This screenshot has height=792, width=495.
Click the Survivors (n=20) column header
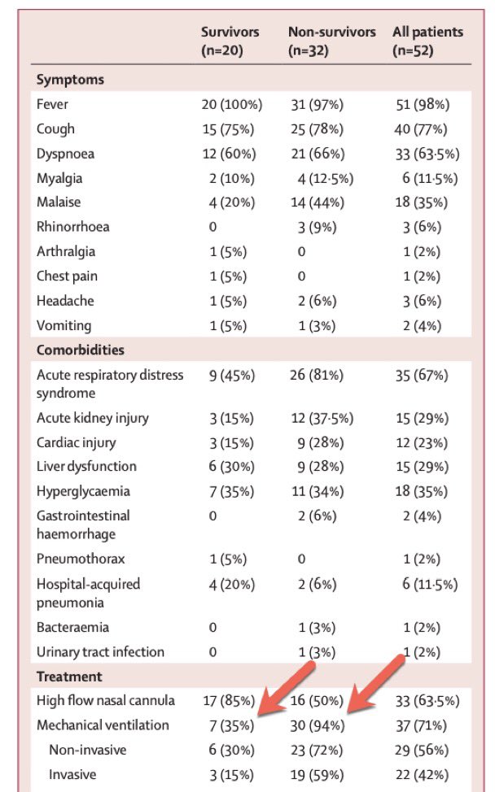(230, 41)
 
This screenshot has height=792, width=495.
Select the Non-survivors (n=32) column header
(331, 41)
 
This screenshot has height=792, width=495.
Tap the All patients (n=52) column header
(427, 41)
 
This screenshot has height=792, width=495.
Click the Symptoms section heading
(70, 80)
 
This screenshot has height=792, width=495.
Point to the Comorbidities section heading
(81, 350)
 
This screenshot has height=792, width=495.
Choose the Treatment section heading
(69, 677)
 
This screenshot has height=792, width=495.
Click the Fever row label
(52, 104)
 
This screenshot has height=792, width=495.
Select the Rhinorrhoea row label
(72, 226)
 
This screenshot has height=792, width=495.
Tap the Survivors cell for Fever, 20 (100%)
(232, 105)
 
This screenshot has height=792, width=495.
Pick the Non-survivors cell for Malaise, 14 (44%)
(318, 202)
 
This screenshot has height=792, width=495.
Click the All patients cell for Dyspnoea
(427, 154)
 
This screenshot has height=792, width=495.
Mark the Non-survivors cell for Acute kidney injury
(322, 418)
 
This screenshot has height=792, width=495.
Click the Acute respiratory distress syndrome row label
(110, 384)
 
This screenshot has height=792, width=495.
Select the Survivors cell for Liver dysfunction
(231, 467)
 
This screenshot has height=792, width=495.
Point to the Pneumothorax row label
(81, 559)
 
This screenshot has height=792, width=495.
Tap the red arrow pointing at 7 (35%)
(286, 689)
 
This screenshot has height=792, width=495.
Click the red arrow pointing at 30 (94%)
(375, 684)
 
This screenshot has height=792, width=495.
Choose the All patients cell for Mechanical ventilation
(421, 726)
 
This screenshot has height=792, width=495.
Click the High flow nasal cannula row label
(106, 701)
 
